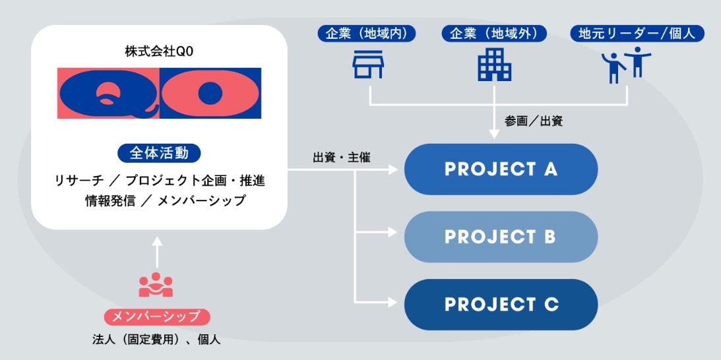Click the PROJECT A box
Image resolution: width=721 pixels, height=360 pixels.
pyautogui.click(x=501, y=169)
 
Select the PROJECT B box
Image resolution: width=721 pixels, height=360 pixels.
pyautogui.click(x=501, y=237)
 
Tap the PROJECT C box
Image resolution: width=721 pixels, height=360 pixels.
pyautogui.click(x=501, y=305)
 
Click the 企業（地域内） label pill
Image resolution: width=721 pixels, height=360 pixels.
pyautogui.click(x=366, y=34)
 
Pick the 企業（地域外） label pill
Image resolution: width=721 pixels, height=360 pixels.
pyautogui.click(x=494, y=34)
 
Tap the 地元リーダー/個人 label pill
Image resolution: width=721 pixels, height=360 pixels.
pyautogui.click(x=637, y=34)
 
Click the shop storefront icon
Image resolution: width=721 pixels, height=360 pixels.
pyautogui.click(x=367, y=65)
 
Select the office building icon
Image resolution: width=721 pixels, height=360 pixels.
pyautogui.click(x=494, y=65)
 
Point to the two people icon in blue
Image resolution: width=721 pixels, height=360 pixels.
pyautogui.click(x=627, y=65)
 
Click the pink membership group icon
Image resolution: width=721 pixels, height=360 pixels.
pyautogui.click(x=156, y=284)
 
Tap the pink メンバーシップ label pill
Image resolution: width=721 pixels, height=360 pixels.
pyautogui.click(x=156, y=317)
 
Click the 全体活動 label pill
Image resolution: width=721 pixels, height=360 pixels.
pyautogui.click(x=159, y=154)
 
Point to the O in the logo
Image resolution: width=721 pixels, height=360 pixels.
pyautogui.click(x=210, y=93)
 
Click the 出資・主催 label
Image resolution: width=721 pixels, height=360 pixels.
pyautogui.click(x=341, y=158)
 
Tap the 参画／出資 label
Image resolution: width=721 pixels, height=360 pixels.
pyautogui.click(x=534, y=121)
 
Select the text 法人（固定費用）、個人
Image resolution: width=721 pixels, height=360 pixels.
pyautogui.click(x=156, y=340)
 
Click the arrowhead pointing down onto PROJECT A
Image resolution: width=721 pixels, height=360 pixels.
pyautogui.click(x=494, y=135)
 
